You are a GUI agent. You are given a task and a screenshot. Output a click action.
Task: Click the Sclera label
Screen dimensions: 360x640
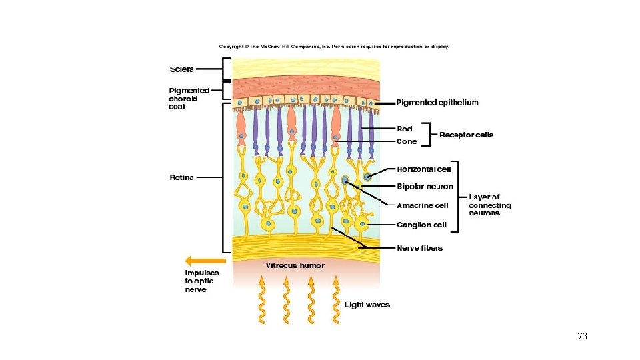tap(181, 69)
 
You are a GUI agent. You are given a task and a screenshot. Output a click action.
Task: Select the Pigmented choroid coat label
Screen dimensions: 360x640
tap(189, 99)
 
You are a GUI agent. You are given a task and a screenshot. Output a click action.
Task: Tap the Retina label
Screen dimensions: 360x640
tap(181, 177)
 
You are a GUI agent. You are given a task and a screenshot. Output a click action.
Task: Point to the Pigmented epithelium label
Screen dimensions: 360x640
tap(437, 103)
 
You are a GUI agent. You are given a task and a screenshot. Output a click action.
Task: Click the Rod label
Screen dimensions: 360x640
tap(405, 129)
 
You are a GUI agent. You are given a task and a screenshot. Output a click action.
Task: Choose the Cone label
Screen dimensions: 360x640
tap(407, 141)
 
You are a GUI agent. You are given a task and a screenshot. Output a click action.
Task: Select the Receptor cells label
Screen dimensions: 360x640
tap(466, 135)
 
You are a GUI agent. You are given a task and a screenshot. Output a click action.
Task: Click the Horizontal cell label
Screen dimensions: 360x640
tap(424, 169)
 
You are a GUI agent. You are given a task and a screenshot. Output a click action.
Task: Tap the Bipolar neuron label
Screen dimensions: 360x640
tap(425, 187)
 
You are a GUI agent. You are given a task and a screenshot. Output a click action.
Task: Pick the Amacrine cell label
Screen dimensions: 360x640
tap(423, 205)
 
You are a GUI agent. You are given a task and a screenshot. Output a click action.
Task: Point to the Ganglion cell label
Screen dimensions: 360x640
tap(421, 225)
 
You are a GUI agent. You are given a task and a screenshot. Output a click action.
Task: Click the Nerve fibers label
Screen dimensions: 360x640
tap(419, 248)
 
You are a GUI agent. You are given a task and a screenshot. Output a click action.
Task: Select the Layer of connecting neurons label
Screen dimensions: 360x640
tap(489, 205)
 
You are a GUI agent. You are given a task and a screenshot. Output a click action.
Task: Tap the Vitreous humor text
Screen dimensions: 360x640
tap(295, 265)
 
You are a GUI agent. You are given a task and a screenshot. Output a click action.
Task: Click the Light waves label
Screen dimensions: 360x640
tap(367, 305)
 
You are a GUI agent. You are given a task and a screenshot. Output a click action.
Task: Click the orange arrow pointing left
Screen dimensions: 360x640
tap(205, 261)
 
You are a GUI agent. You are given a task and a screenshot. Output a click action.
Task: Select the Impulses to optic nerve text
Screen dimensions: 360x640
tap(202, 281)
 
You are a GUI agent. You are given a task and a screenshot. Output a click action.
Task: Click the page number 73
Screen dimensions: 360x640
tap(582, 337)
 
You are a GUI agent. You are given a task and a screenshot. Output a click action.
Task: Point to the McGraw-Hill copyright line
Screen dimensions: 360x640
tap(334, 47)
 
